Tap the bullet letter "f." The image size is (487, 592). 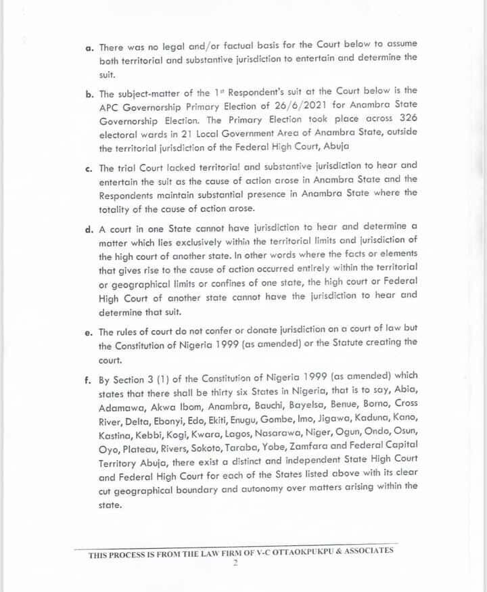coord(89,375)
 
